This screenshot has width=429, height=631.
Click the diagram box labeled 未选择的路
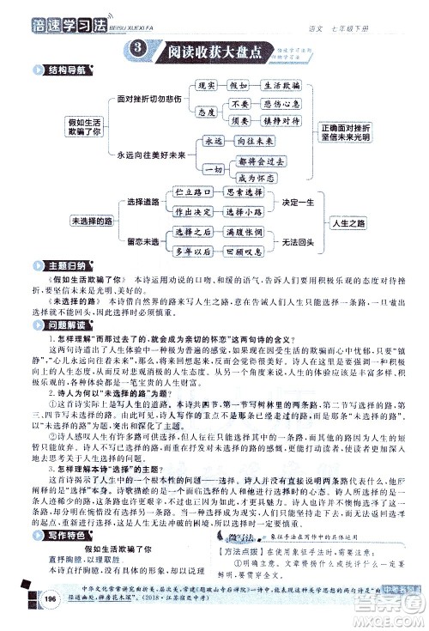(96, 221)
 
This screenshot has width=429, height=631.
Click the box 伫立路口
(191, 194)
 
